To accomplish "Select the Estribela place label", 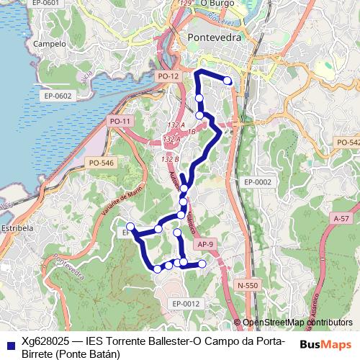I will point(19,228).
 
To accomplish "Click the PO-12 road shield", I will point(167,76).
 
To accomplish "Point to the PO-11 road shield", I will point(120,122).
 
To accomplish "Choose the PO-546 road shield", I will point(102,163).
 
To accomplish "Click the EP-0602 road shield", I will point(58,95).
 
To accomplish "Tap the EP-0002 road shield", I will point(257,182).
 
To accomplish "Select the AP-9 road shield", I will point(205,245).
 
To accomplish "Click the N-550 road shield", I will point(248,285).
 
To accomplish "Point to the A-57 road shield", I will point(341,217).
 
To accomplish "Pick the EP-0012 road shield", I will point(186,304).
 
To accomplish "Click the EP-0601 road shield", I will point(23,4).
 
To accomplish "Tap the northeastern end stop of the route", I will point(228,81).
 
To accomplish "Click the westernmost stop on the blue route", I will point(130,227).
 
